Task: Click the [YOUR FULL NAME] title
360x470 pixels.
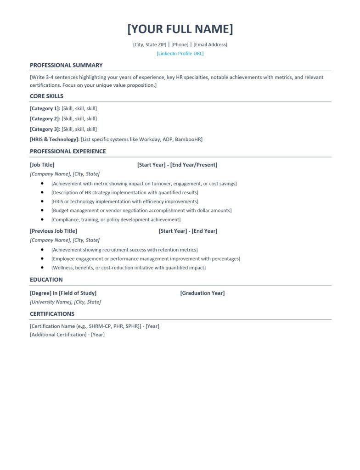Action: pos(180,29)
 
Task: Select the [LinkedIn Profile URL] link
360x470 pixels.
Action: pos(180,53)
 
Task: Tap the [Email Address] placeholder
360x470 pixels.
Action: pos(210,45)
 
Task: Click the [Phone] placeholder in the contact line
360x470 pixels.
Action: pos(180,45)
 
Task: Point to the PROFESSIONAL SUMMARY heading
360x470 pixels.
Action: pos(66,65)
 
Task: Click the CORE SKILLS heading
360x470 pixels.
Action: pos(46,96)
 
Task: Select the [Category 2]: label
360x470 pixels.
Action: pos(45,118)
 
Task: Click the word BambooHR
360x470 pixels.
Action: pos(189,139)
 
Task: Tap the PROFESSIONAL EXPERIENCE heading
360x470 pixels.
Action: pos(67,151)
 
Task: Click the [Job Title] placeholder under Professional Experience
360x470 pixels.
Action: pos(42,164)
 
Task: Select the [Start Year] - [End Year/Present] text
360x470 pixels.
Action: pos(177,164)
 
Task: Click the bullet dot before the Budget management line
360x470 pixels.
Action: pos(42,210)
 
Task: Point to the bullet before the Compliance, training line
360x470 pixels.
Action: pos(42,219)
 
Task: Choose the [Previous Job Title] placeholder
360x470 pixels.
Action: pos(53,231)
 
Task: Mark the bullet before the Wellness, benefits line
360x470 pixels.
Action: pos(42,268)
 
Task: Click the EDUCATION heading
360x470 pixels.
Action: pos(46,280)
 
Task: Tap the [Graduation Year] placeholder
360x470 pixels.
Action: pos(202,293)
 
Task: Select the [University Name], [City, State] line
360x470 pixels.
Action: pos(65,302)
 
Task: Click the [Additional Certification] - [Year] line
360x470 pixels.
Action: pos(67,335)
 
